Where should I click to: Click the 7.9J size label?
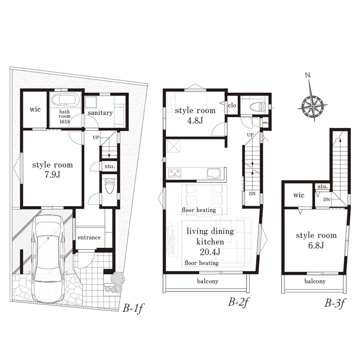[53, 175]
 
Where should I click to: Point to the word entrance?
[89, 238]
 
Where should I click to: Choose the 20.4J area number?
[210, 252]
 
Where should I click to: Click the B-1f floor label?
[133, 308]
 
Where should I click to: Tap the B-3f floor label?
[335, 302]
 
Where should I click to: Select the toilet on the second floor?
[257, 107]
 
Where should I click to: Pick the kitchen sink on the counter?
[214, 173]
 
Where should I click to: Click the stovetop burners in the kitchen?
[175, 172]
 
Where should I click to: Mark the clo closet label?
[232, 105]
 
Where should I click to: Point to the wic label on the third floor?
[299, 195]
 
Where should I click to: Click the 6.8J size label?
[316, 245]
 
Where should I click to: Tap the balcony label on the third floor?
[315, 281]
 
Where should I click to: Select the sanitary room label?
[100, 113]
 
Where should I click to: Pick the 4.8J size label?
[195, 120]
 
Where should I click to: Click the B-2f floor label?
[238, 302]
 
